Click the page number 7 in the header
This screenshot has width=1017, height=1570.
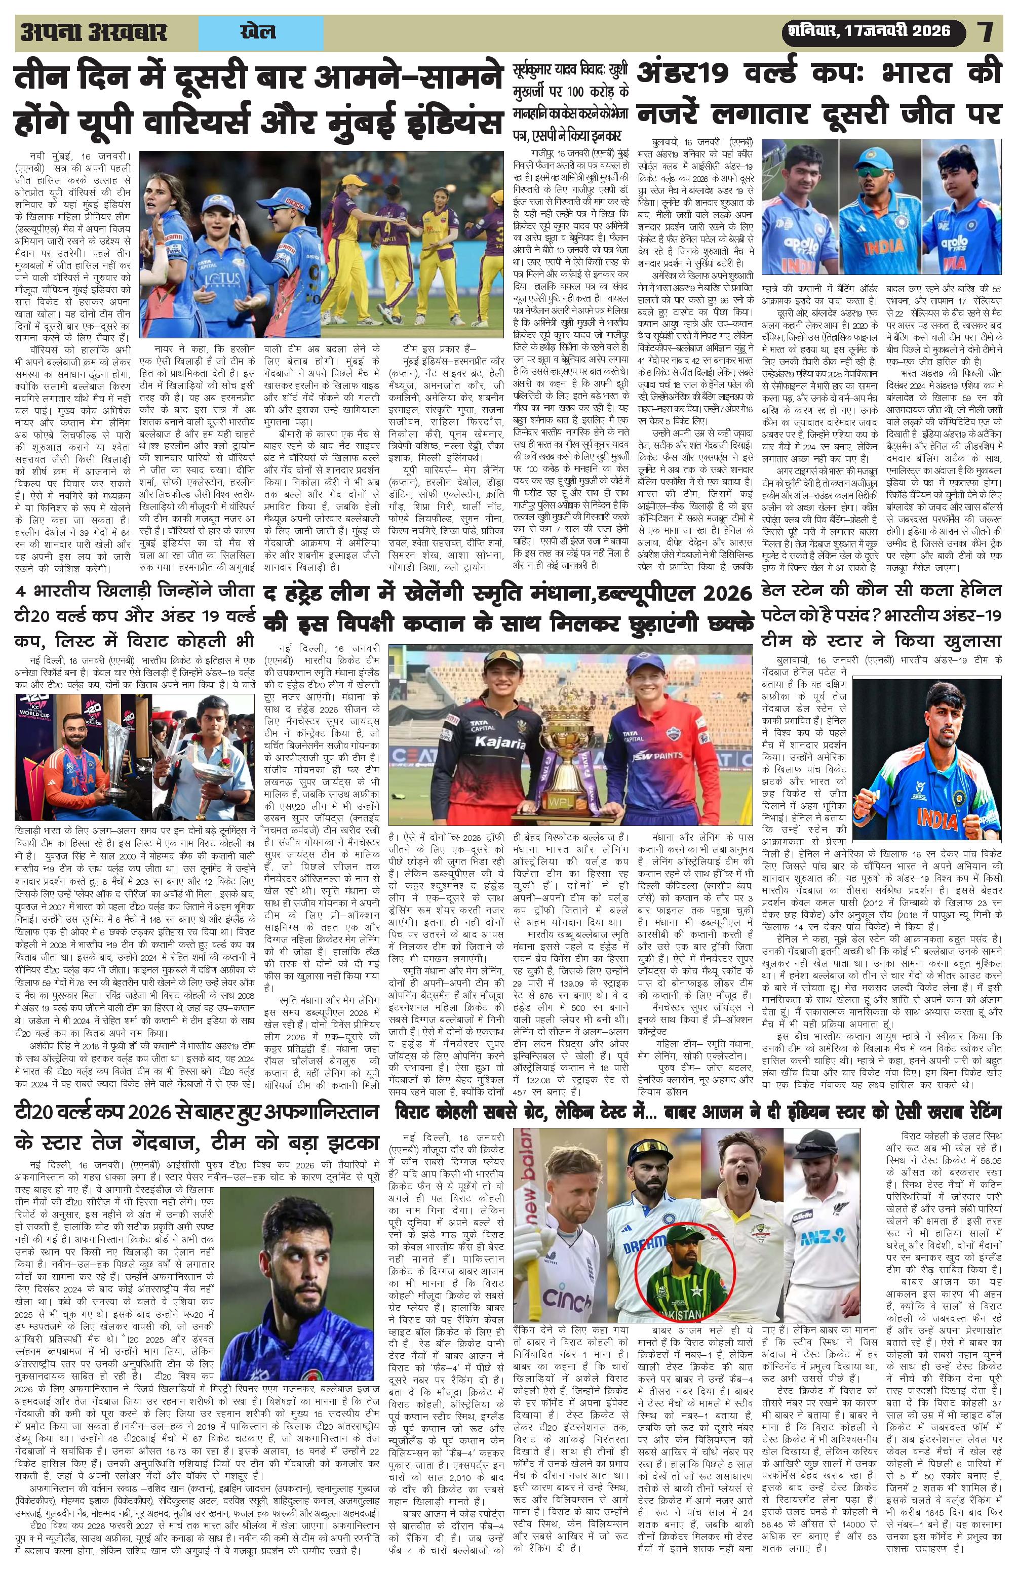(x=987, y=32)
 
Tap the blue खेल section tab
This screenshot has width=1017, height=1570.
(x=260, y=32)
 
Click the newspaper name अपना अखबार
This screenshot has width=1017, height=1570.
(x=94, y=32)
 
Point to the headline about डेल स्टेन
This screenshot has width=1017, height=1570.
(x=881, y=615)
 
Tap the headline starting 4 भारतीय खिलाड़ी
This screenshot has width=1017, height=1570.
(x=135, y=615)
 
